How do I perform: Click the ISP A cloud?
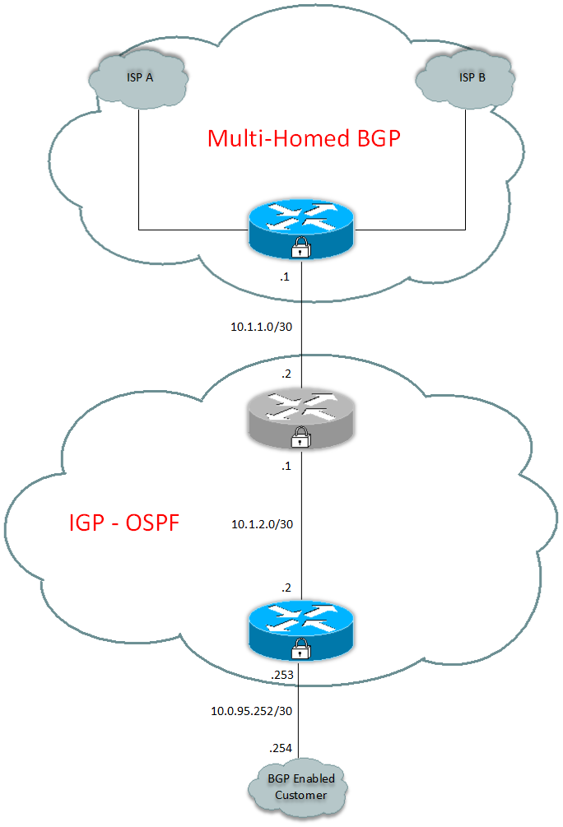point(137,79)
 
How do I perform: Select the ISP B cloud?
point(466,79)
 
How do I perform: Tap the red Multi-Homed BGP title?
point(303,138)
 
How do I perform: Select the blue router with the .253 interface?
point(300,630)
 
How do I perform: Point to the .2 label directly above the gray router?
point(285,374)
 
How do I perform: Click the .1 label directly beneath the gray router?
point(285,467)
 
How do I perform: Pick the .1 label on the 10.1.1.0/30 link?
point(285,277)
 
